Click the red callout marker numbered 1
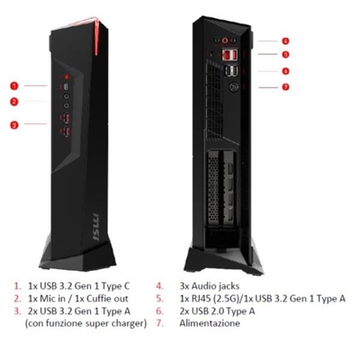coord(14,86)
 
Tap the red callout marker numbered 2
coord(14,102)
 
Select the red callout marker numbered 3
coord(14,125)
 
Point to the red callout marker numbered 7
coord(285,87)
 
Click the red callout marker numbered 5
coord(285,54)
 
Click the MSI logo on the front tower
coord(95,227)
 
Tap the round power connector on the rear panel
coord(233,87)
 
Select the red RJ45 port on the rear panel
coord(227,55)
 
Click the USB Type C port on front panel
coord(67,87)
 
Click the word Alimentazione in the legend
coord(210,323)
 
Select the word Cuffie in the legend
coord(96,299)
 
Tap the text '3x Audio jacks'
coord(210,286)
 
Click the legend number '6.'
coord(159,311)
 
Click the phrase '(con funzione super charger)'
coord(85,324)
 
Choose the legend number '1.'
coord(18,286)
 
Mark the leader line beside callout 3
coord(35,123)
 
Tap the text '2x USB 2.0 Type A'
coord(217,311)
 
